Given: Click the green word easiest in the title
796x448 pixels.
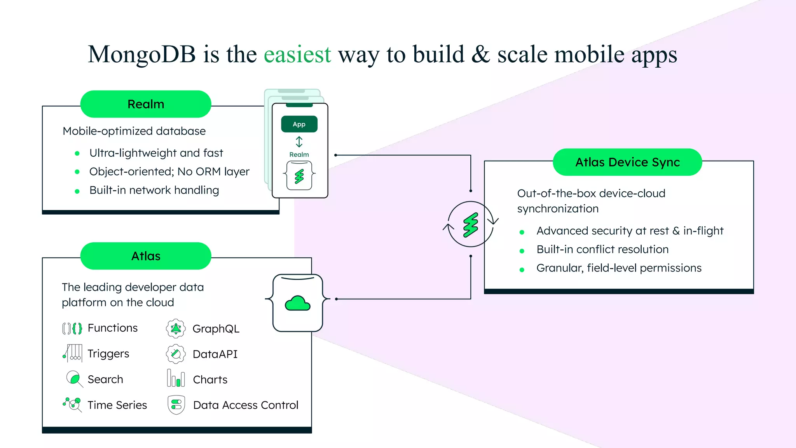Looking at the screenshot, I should (297, 54).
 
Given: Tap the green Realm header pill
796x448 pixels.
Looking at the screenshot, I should (146, 104).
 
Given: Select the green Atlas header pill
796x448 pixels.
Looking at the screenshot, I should (146, 256).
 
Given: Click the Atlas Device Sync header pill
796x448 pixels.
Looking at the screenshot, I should (627, 162).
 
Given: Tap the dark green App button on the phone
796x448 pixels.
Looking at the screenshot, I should (299, 124).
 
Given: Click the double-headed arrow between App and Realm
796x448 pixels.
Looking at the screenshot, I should (299, 142).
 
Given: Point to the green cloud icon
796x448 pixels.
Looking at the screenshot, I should (298, 303).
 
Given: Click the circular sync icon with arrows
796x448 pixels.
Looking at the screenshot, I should (471, 224).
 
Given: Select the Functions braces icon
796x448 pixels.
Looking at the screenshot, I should (72, 329).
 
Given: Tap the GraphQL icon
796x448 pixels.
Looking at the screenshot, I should (176, 329).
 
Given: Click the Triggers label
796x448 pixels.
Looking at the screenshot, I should (108, 353).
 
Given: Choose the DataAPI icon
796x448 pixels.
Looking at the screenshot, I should (176, 354).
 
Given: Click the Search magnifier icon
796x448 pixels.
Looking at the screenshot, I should (74, 379).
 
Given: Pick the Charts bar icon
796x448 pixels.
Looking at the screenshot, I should (176, 378).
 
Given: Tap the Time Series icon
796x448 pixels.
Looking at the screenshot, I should (72, 404).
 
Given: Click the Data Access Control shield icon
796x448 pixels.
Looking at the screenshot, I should (176, 405).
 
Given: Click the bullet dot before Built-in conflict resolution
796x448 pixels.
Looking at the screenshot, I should (522, 251).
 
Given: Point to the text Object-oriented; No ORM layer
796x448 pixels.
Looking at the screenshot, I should (169, 171).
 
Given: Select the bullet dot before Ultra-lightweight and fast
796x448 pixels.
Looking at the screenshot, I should (77, 154).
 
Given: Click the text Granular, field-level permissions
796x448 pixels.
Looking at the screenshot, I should (619, 268).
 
